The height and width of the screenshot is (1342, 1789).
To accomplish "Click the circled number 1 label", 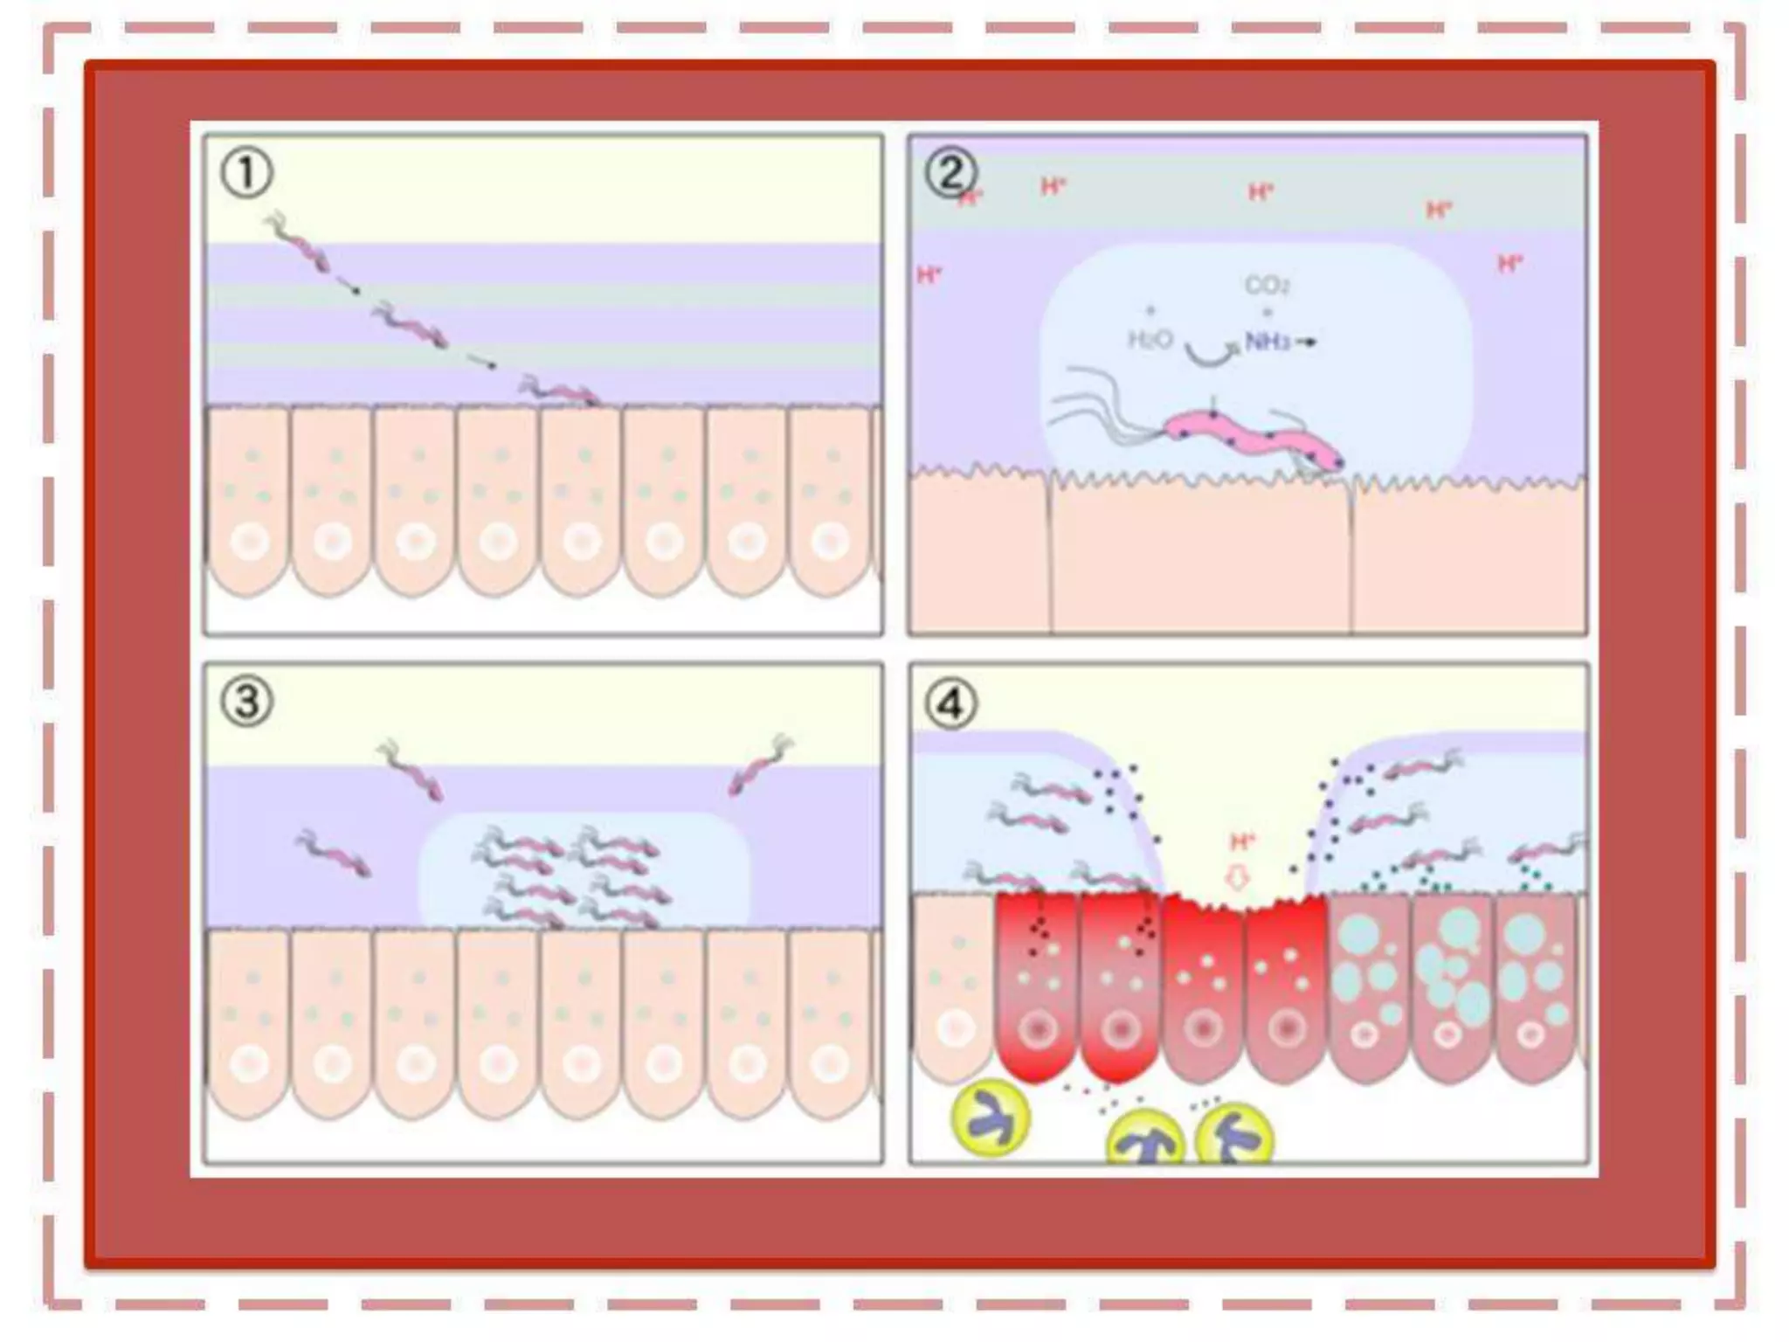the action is pos(246,173).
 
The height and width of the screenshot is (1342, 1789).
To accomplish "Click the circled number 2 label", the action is pos(950,173).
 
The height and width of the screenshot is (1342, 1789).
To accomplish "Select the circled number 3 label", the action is pos(246,702).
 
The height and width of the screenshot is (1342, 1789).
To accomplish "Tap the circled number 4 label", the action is pos(950,703).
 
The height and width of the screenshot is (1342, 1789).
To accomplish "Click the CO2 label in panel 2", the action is pos(1267,286).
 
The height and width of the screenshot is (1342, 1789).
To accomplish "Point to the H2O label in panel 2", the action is pos(1150,340).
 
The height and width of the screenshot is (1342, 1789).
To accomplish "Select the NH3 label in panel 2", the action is pos(1268,342).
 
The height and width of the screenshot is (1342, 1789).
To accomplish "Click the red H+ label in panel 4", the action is pos(1242,842).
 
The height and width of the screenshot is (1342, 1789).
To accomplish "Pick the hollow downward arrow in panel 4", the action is pos(1237,877).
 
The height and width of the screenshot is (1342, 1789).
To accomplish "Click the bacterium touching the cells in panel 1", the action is pos(559,391).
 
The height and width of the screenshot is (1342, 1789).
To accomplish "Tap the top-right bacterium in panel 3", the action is pos(761,766).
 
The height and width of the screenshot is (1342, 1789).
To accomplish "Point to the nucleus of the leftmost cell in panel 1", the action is pos(250,543).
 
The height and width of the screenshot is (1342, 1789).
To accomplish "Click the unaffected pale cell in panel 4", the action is pos(954,987).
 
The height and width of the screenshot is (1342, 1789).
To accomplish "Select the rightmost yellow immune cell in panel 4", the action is pos(1233,1136).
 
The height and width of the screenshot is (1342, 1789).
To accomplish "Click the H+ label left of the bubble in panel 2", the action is pos(929,276).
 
